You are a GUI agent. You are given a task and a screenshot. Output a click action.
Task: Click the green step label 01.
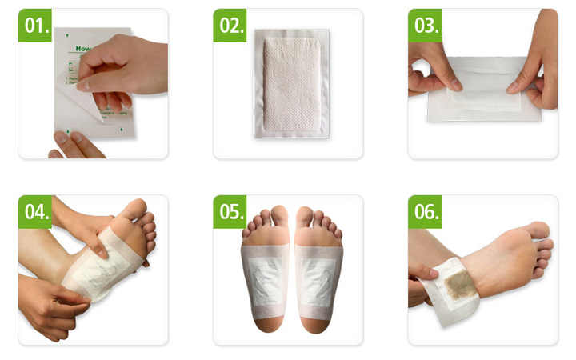[x=35, y=26]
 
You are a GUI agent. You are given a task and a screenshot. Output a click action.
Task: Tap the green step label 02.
[x=230, y=26]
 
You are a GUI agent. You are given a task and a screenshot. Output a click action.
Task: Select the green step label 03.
[x=425, y=26]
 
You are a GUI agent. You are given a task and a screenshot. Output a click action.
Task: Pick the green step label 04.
[x=35, y=212]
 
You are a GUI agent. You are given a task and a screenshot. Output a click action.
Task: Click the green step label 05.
[x=230, y=212]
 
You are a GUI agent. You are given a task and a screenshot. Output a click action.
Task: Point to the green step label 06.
[x=425, y=212]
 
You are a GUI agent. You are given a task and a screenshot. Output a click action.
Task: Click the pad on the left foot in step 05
[x=265, y=279]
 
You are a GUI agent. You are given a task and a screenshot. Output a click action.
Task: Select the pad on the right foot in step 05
[x=318, y=279]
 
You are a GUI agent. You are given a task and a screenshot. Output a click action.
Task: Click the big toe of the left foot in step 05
[x=278, y=216]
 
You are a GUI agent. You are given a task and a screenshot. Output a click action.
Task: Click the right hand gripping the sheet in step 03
[x=534, y=72]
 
